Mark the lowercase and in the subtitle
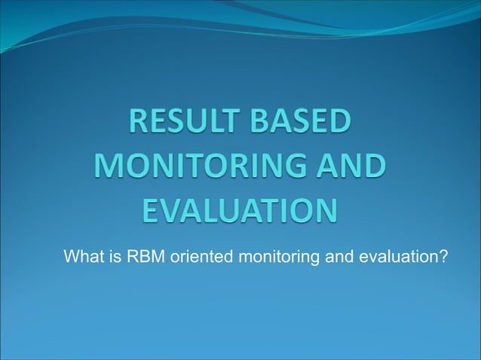[x=336, y=258]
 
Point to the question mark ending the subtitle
[x=444, y=258]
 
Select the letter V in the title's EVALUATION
[x=167, y=209]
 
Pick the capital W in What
[x=71, y=258]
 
